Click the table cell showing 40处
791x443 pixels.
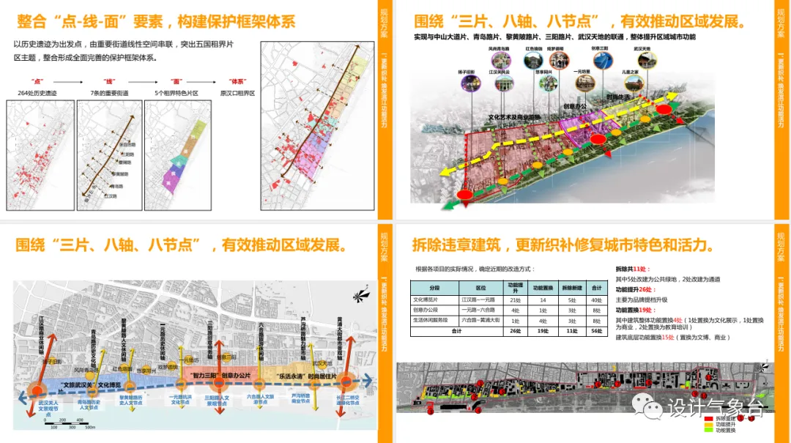(597, 299)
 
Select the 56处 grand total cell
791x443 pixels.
(597, 331)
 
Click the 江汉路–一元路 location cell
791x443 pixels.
(480, 299)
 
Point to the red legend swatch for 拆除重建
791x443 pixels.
(708, 417)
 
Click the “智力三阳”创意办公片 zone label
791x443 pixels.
(220, 375)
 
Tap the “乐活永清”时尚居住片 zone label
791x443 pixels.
(305, 376)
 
